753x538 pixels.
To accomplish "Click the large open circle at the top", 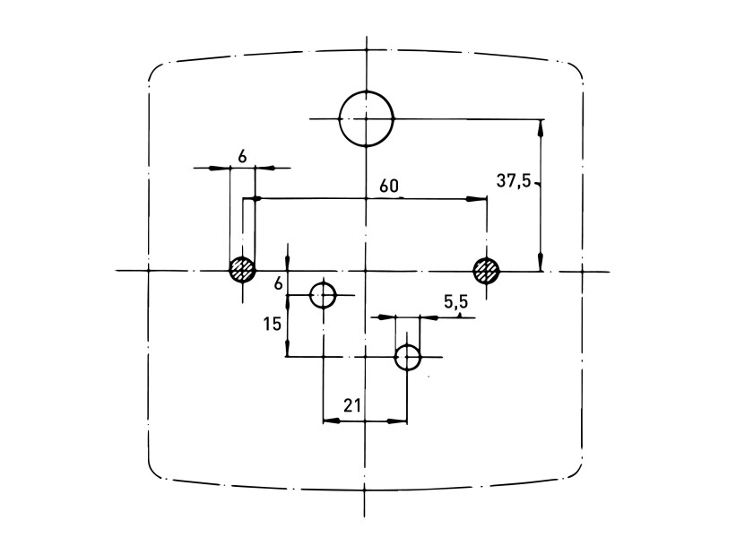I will pos(366,118).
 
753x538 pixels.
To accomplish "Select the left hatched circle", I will pos(241,269).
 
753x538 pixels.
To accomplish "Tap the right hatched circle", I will pos(487,269).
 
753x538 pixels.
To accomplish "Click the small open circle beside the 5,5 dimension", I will pos(408,357).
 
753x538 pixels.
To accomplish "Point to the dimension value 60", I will pos(388,187).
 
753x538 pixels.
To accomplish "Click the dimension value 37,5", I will pos(515,180).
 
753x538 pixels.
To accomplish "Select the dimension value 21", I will pos(352,405).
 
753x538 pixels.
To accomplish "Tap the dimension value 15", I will pos(273,323).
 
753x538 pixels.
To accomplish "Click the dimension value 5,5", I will pos(454,303).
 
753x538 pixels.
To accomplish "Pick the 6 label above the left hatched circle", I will pos(242,155).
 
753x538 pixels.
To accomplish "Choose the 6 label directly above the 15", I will pos(278,282).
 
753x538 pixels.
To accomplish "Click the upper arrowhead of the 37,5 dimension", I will pos(541,126).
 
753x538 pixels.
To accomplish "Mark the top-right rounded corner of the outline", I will pos(576,72).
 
